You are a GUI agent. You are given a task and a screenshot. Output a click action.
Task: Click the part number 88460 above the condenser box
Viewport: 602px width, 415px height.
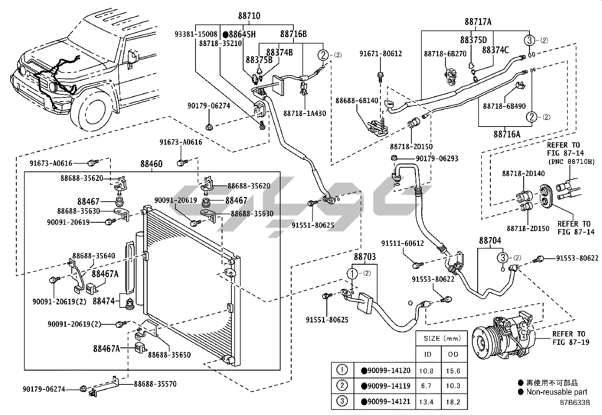tap(151, 164)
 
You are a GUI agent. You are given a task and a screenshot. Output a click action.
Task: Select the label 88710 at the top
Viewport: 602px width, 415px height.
tap(249, 16)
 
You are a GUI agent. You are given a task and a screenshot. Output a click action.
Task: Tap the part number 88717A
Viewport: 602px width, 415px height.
tap(478, 22)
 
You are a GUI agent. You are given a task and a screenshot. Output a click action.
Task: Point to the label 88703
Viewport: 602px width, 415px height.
tap(365, 257)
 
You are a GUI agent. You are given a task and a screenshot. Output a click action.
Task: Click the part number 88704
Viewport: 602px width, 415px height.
tap(490, 241)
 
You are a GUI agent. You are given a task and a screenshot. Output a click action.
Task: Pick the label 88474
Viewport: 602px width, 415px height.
tap(104, 301)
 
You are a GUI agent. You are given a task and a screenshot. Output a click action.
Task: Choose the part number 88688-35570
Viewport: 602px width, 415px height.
tap(155, 384)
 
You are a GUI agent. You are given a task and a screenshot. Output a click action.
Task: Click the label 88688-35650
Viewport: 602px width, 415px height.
tap(169, 355)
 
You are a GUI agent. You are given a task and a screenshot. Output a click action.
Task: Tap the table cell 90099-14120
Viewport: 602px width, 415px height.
tap(385, 370)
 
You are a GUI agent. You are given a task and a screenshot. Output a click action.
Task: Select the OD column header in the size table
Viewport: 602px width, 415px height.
tap(453, 354)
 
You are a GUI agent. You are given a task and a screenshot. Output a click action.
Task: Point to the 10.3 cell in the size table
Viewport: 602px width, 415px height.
tap(453, 386)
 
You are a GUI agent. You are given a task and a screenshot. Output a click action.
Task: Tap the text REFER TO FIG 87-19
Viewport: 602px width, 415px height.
tap(568, 338)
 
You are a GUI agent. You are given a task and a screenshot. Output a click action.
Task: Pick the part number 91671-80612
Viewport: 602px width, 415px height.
tap(380, 54)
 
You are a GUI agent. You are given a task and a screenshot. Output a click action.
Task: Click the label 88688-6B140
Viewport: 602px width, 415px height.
tap(357, 100)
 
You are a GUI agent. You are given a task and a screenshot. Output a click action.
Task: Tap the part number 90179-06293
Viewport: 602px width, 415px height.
tap(437, 159)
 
